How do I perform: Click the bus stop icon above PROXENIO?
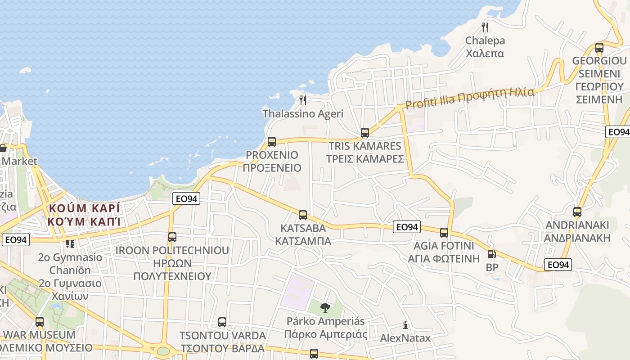pos(272,141)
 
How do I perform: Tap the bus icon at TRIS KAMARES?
pos(365,133)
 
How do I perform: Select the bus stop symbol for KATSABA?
pos(303,215)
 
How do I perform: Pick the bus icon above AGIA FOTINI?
pos(444,232)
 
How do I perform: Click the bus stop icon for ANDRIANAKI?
pos(577,211)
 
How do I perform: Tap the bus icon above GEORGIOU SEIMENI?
pos(599,47)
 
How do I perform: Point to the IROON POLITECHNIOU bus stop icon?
pos(172,237)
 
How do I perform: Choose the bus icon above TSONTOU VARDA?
pos(222,322)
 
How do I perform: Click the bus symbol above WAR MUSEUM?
pos(40,321)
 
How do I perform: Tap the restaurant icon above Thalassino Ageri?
pos(303,100)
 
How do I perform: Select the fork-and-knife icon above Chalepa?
pos(485,27)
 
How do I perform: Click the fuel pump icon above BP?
pos(491,254)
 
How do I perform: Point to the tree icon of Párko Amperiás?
pos(325,308)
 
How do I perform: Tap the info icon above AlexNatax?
pos(405,325)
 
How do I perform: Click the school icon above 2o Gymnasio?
pos(70,243)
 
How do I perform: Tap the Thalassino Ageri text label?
pos(303,114)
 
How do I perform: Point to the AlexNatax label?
pos(405,338)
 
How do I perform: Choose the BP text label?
pos(491,267)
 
